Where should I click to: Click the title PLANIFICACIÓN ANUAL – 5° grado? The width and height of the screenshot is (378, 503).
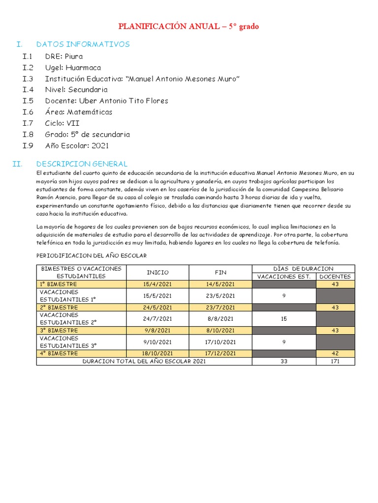[x=189, y=27]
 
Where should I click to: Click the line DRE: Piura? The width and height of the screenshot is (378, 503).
[x=64, y=56]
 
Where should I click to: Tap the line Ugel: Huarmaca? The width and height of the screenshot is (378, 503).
[x=73, y=68]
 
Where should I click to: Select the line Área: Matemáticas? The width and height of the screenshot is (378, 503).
[x=78, y=112]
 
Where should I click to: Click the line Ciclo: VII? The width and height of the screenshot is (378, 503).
[x=62, y=123]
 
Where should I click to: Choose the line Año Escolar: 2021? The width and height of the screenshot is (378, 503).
[x=77, y=145]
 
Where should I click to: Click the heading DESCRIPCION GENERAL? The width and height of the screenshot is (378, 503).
[x=82, y=164]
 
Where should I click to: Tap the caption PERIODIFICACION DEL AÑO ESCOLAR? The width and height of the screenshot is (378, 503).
[x=92, y=256]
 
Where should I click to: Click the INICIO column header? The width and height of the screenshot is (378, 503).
[x=157, y=272]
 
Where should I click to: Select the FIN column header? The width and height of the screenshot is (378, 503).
[x=220, y=272]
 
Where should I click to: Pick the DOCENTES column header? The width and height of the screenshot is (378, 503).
[x=335, y=276]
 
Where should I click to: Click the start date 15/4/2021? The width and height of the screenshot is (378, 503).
[x=157, y=284]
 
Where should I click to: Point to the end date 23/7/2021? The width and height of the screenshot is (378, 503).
[x=220, y=307]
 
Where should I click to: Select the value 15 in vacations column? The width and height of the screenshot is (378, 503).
[x=283, y=319]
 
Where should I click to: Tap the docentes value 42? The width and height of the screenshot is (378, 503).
[x=335, y=354]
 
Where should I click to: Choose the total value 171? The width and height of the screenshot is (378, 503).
[x=335, y=362]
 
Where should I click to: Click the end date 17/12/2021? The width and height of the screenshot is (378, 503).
[x=220, y=354]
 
